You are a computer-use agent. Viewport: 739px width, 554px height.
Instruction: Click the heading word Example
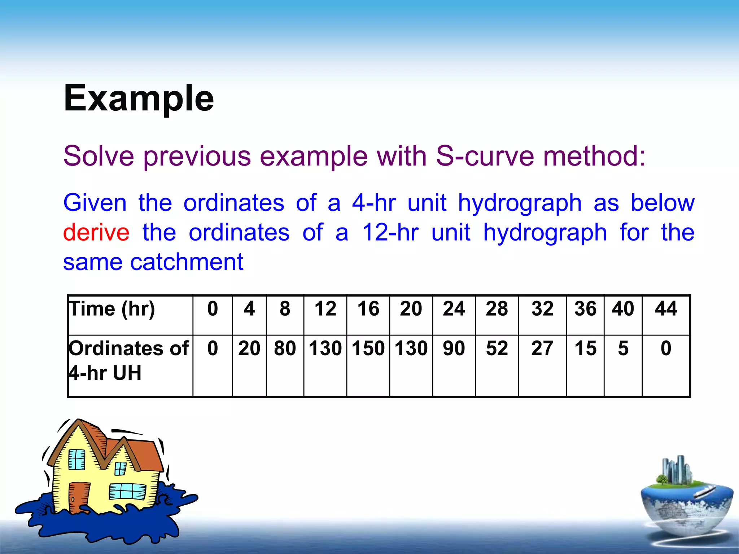click(139, 98)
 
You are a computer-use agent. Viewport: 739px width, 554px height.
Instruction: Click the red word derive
click(96, 232)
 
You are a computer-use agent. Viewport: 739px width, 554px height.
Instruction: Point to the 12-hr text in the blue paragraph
click(390, 232)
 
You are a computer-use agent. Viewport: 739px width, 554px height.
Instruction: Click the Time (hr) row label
click(112, 309)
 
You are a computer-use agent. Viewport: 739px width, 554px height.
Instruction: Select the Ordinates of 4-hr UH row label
click(128, 360)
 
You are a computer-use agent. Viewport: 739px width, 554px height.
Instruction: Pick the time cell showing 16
click(368, 309)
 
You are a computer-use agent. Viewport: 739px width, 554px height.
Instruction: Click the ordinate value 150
click(368, 348)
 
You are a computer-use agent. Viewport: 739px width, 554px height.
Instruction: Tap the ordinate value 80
click(285, 348)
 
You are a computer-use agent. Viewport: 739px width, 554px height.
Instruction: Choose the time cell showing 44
click(666, 309)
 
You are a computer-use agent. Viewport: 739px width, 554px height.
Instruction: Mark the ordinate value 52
click(497, 348)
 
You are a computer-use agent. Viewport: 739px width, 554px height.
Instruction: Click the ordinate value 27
click(542, 348)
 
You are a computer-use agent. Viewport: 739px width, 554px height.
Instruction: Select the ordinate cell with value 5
click(623, 348)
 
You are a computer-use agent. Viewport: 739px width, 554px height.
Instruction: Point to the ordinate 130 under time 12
click(325, 348)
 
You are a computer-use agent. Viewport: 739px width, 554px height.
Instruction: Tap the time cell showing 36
click(585, 309)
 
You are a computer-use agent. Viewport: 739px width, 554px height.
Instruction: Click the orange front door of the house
click(78, 497)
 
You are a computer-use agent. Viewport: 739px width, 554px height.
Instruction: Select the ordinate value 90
click(454, 348)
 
